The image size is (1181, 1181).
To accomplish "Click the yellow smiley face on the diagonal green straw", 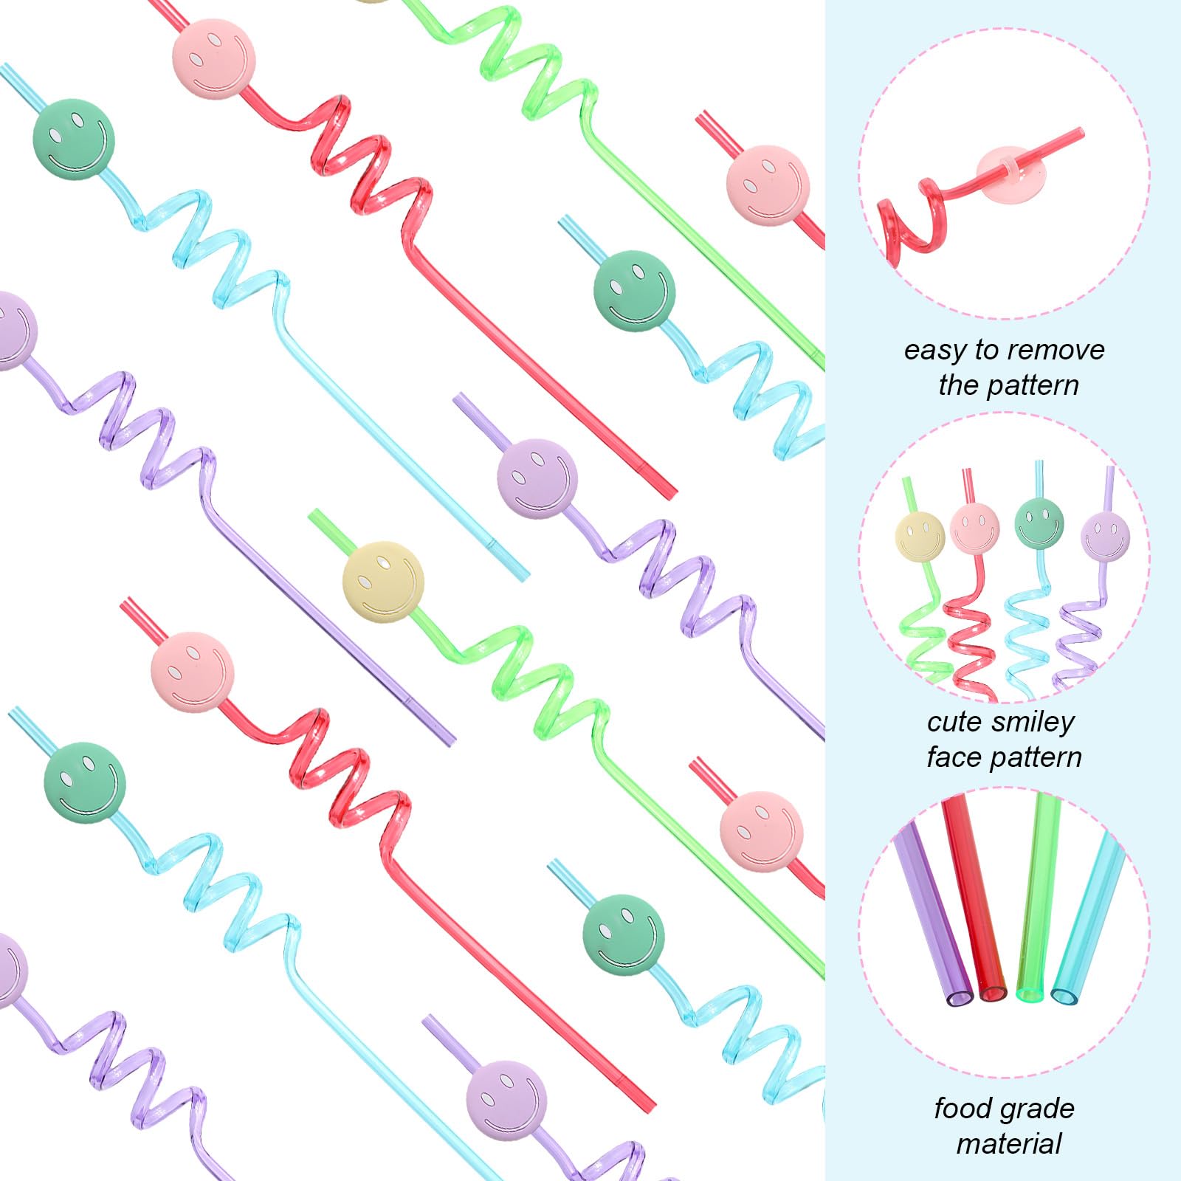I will tap(383, 581).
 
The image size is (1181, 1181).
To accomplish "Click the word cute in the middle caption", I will tap(954, 721).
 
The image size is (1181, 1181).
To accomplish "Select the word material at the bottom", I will tap(1008, 1144).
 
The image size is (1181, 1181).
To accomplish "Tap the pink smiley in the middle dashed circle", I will tap(974, 527).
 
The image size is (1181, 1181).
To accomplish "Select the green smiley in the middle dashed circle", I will tap(1039, 523).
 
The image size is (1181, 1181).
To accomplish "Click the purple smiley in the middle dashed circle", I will tap(1104, 535).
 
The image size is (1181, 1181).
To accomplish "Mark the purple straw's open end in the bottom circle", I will tap(960, 998).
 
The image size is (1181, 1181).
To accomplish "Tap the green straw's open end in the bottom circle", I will tap(1031, 994).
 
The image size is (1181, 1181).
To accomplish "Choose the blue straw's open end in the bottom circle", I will tap(1064, 996).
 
